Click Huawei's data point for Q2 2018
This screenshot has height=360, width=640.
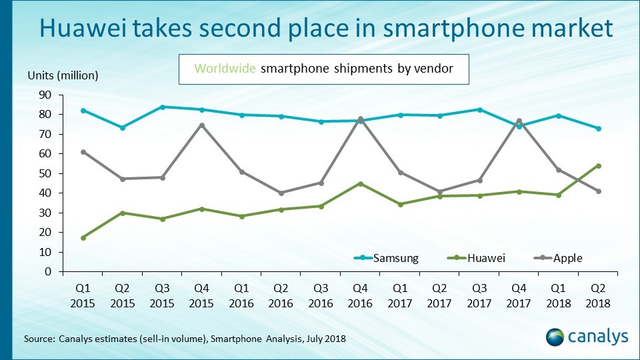[598, 166]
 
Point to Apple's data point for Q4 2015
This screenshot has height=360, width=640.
[201, 125]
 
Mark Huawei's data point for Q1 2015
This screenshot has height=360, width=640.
[83, 237]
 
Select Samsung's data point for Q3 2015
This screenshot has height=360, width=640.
[163, 107]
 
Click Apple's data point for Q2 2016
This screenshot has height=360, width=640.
[281, 193]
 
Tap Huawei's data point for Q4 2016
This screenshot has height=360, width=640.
[360, 183]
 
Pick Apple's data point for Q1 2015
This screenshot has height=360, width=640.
[83, 152]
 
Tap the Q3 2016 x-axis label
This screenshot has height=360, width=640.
[320, 297]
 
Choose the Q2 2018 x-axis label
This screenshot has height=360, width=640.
[598, 297]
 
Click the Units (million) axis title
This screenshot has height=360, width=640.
[63, 75]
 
